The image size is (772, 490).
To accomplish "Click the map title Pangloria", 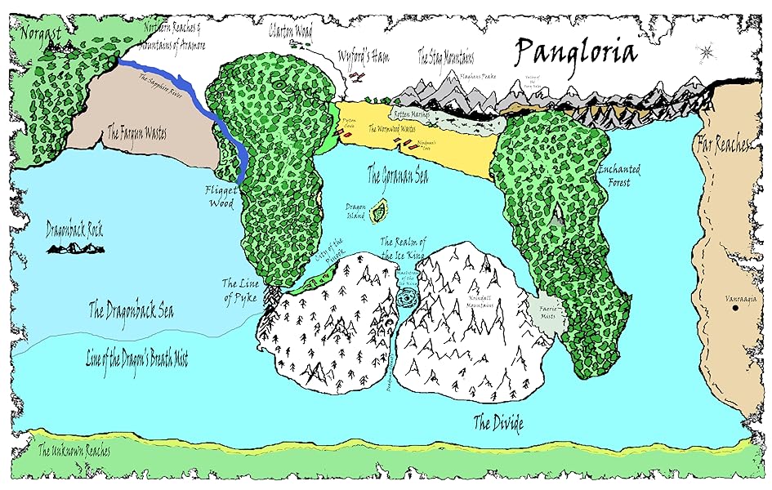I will point(575,52).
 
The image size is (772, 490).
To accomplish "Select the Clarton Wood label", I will point(290,32).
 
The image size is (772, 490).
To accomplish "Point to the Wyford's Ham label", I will point(365,56).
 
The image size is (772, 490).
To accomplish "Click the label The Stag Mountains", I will point(446,56).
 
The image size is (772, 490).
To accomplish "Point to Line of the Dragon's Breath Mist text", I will point(137,358).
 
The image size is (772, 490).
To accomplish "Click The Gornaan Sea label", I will point(397,175).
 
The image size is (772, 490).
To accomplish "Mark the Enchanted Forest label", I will point(618,176).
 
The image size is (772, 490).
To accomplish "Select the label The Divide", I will point(498,423).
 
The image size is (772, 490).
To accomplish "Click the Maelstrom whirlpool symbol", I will point(406,300).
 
